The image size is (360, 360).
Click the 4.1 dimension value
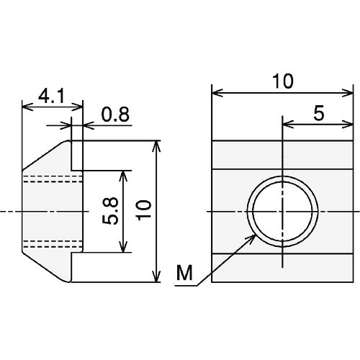tap(51, 96)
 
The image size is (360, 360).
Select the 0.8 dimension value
tap(115, 114)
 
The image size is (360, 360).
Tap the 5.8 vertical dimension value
tap(110, 211)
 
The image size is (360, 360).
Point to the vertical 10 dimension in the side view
tap(143, 210)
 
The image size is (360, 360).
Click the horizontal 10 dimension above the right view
tap(283, 81)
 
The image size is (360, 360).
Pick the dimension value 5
tap(319, 113)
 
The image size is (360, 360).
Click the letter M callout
tap(184, 273)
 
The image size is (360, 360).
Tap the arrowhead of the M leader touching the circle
tap(253, 237)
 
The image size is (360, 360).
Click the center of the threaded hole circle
tap(283, 212)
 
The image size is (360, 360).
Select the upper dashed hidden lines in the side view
tap(53, 179)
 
